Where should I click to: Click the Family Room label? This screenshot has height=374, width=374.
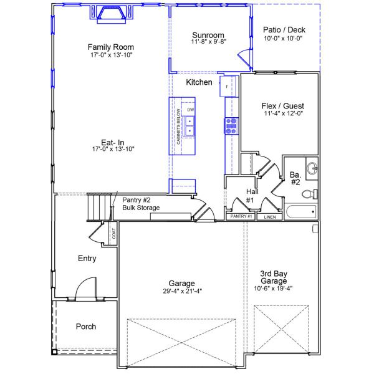[110, 47]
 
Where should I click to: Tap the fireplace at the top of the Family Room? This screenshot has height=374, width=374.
[111, 14]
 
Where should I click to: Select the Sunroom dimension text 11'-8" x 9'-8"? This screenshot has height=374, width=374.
[208, 42]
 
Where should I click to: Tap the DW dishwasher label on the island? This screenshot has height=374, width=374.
[190, 110]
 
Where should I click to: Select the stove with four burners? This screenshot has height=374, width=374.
[231, 126]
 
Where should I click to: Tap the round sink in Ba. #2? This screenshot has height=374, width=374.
[312, 168]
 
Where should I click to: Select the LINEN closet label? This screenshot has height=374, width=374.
[269, 217]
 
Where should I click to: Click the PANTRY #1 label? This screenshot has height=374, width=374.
[241, 216]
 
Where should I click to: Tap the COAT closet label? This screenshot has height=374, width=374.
[113, 234]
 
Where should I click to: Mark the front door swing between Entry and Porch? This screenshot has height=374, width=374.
[85, 289]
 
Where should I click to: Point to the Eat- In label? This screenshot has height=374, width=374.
[113, 141]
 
